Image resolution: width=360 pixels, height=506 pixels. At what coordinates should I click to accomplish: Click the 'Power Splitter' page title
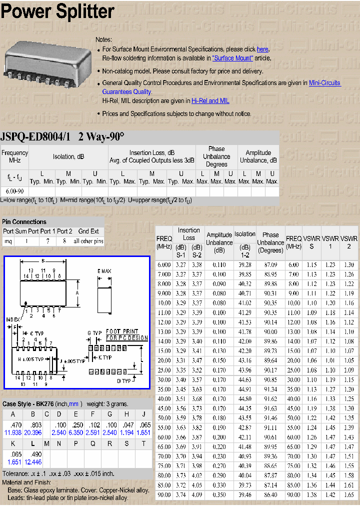(x=57, y=12)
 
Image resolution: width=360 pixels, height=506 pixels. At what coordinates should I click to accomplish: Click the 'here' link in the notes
(x=262, y=49)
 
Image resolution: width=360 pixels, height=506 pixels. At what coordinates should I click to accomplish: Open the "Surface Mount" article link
(x=232, y=58)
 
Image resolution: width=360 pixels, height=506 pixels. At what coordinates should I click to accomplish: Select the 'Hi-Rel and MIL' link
(x=210, y=100)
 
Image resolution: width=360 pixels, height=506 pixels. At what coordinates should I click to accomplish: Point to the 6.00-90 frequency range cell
(x=14, y=191)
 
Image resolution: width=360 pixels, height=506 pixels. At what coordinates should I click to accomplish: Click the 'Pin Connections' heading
(x=24, y=221)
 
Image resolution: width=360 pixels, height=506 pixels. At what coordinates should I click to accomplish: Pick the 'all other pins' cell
(x=88, y=241)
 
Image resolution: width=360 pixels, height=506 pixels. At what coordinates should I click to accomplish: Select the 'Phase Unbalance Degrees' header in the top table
(x=216, y=156)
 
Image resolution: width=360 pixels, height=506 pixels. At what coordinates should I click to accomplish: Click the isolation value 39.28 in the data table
(x=245, y=264)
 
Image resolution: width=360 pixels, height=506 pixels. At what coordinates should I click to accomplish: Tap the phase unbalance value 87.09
(x=270, y=264)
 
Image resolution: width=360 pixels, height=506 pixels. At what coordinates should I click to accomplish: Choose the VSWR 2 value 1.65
(x=348, y=494)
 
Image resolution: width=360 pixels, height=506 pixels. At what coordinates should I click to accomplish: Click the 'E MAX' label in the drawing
(x=104, y=271)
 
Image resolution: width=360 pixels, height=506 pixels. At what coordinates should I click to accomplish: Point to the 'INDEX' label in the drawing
(x=13, y=319)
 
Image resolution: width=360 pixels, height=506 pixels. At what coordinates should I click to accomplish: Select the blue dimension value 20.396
(x=33, y=432)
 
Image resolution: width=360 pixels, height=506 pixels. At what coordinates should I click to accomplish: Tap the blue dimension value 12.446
(x=33, y=462)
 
